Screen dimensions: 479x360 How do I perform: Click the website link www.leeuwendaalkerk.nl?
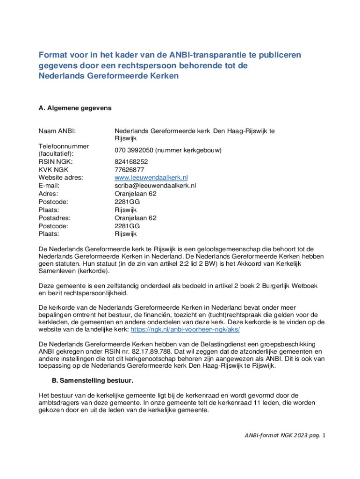tap(151, 177)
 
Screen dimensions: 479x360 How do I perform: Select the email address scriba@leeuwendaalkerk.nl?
tap(155, 185)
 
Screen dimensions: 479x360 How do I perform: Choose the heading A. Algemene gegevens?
tap(75, 108)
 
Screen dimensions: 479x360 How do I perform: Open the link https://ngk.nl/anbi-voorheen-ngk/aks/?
tap(185, 329)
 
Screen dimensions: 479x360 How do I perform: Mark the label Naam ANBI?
tap(57, 131)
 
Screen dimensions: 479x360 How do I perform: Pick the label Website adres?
tap(60, 177)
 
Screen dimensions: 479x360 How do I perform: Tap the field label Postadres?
tap(54, 218)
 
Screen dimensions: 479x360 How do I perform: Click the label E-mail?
tap(49, 185)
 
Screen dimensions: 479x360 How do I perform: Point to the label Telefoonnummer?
tap(64, 146)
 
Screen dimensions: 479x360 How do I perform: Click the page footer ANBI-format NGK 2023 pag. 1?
tap(285, 435)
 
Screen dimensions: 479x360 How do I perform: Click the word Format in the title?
tap(51, 55)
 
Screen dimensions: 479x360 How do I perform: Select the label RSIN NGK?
tap(55, 161)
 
